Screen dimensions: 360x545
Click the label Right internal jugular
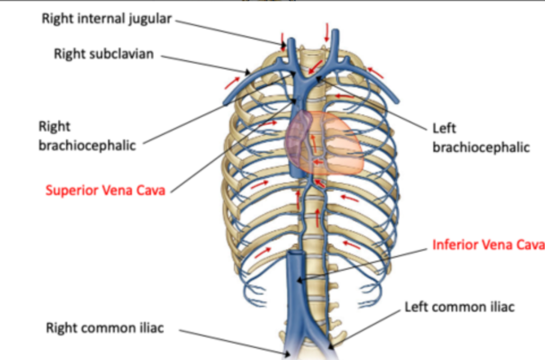pos(107,19)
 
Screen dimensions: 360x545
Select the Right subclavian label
pos(104,54)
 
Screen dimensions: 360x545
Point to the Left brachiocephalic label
pos(481,138)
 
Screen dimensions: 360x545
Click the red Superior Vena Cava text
pos(105,191)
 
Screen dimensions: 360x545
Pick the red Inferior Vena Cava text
pos(488,245)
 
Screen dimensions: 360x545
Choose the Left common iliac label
pos(459,307)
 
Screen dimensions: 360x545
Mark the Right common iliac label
pos(105,328)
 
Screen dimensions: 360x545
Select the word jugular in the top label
pos(149,19)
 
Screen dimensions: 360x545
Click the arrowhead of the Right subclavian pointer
pos(249,73)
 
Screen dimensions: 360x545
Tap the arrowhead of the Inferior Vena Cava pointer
pos(298,281)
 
